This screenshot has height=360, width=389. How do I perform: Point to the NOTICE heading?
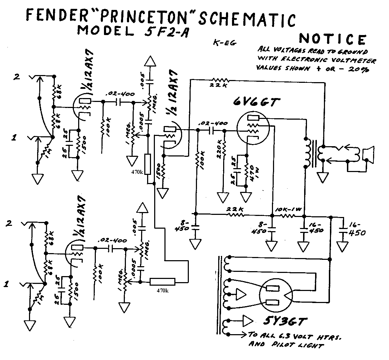pyautogui.click(x=332, y=39)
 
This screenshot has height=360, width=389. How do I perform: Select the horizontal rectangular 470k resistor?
pyautogui.click(x=162, y=281)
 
